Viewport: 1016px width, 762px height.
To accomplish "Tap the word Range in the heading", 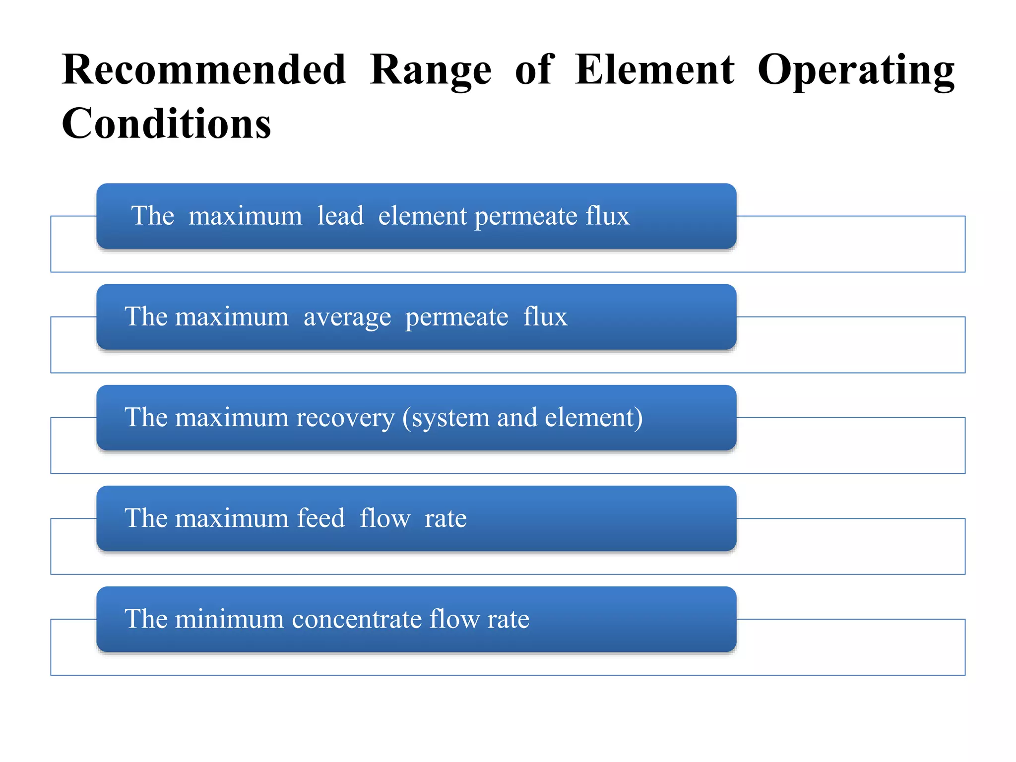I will click(x=431, y=70).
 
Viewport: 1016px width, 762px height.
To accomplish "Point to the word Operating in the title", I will click(x=856, y=70).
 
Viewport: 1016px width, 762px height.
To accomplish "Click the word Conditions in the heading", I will click(x=167, y=124).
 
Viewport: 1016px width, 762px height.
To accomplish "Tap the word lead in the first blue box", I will click(x=340, y=216).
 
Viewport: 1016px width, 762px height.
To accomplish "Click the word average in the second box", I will click(x=347, y=317).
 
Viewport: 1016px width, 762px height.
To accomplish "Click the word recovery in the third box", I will click(x=345, y=418).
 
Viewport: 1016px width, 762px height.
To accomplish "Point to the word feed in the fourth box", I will click(x=320, y=518).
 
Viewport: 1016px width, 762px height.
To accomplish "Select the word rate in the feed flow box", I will click(x=445, y=518).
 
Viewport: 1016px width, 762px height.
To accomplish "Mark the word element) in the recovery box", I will click(x=594, y=418).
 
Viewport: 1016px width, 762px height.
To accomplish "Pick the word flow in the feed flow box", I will click(x=385, y=518).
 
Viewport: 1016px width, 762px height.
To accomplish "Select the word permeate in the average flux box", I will click(x=457, y=317).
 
